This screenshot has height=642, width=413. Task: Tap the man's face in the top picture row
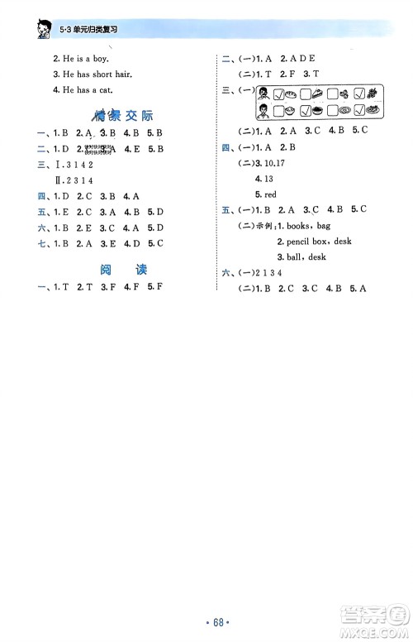pos(263,92)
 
